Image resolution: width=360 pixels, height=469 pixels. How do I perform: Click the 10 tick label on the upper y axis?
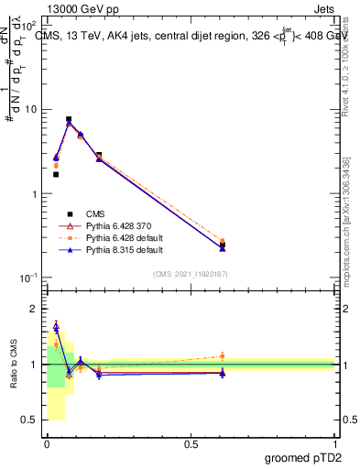pos(30,110)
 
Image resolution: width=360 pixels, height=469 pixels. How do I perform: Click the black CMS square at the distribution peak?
pos(69,119)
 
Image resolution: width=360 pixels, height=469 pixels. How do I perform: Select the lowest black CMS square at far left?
pos(56,174)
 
